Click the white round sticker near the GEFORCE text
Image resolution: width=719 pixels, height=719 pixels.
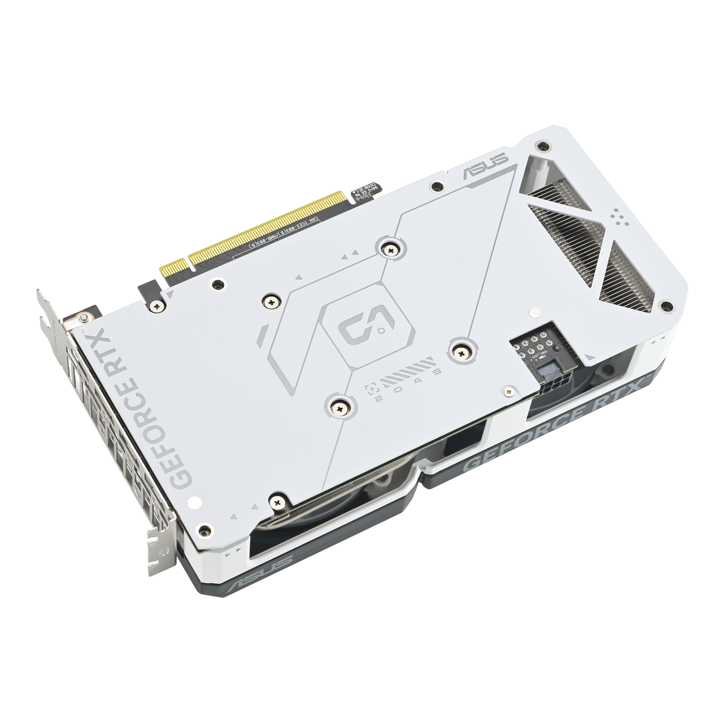click(194, 503)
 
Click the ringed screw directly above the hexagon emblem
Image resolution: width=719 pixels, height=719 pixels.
click(390, 251)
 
